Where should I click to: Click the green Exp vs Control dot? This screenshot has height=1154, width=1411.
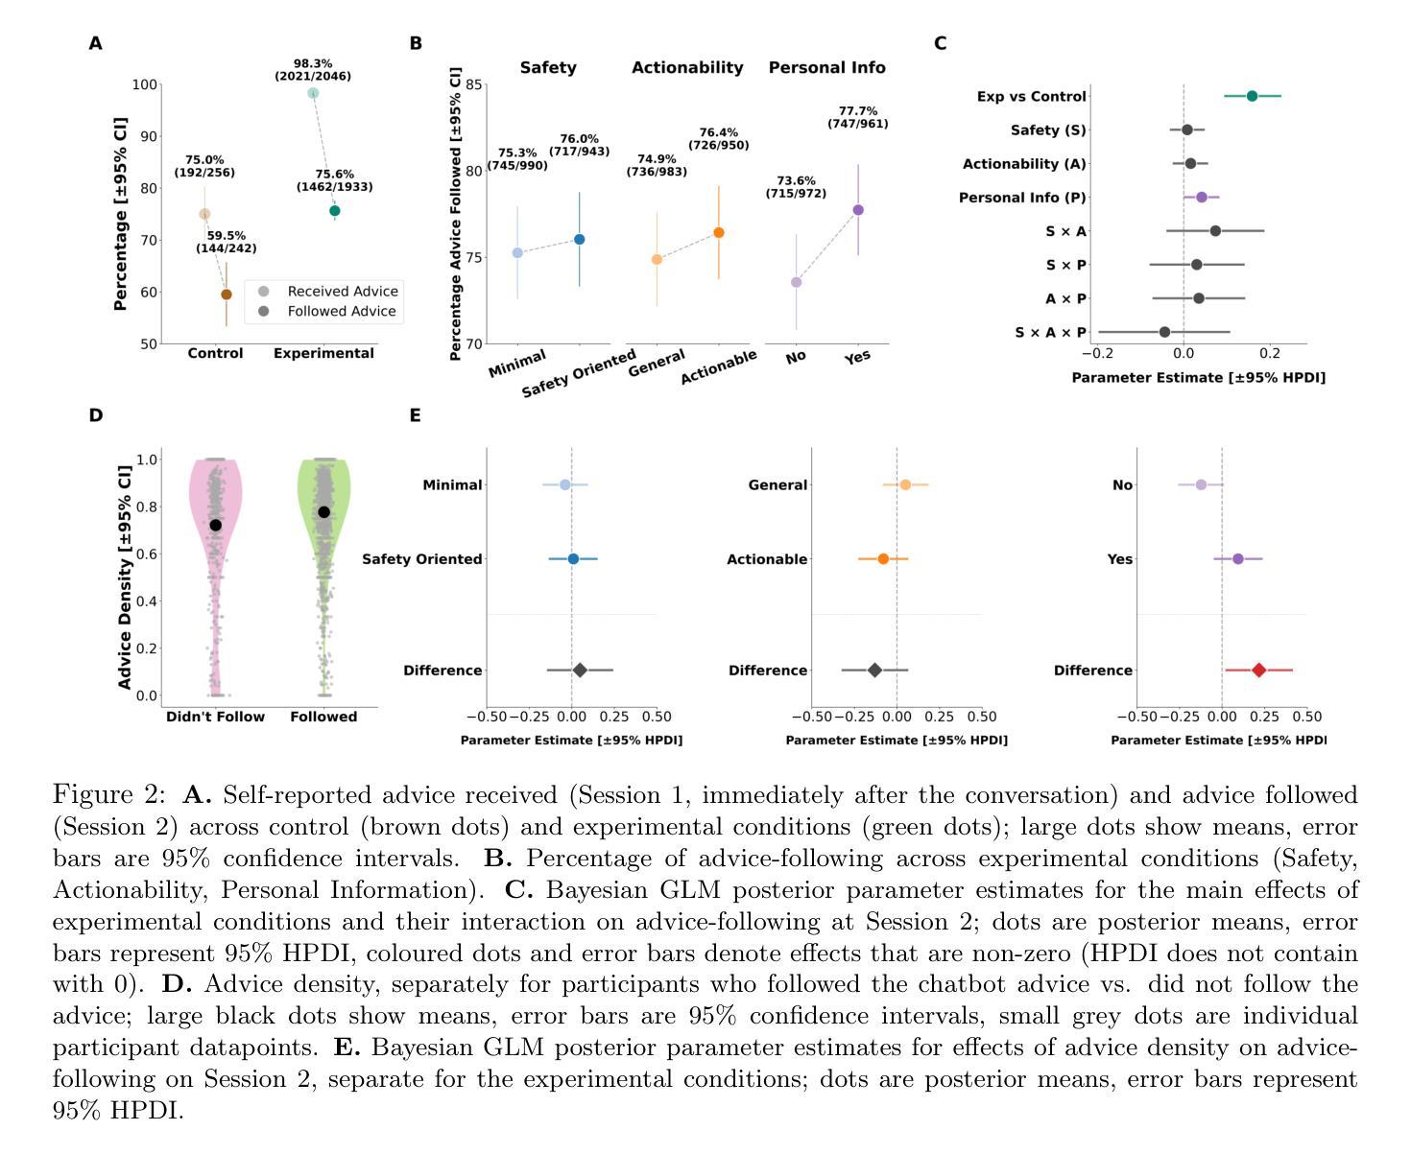(x=1252, y=96)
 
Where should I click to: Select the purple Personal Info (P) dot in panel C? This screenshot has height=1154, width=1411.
(x=1202, y=197)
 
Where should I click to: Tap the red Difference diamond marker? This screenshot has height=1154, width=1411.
(x=1258, y=671)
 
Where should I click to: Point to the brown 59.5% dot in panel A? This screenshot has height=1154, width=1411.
(x=227, y=294)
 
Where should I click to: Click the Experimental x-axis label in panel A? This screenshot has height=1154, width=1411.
(x=323, y=353)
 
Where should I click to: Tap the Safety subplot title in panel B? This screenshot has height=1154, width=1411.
(x=548, y=67)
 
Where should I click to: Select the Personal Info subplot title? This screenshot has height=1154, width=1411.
(x=826, y=67)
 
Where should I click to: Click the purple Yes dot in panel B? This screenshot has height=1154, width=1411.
(x=858, y=210)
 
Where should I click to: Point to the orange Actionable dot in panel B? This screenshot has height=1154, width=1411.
(x=719, y=232)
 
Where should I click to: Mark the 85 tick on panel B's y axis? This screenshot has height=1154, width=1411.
(x=473, y=84)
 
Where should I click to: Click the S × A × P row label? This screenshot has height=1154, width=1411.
(x=1050, y=333)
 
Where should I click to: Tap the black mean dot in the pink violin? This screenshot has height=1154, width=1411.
(x=216, y=525)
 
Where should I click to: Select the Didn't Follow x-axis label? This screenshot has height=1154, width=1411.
(x=215, y=717)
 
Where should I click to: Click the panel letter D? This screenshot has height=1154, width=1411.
(x=95, y=415)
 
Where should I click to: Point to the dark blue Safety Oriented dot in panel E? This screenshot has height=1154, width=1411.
(x=573, y=558)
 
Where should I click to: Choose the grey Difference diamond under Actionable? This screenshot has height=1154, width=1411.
(x=874, y=671)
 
